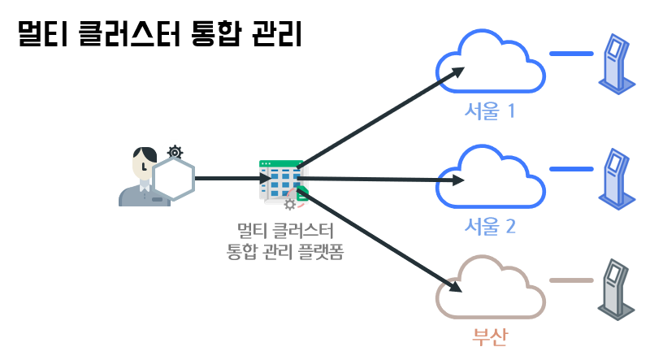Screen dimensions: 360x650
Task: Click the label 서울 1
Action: [490, 110]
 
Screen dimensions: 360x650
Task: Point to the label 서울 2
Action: [490, 225]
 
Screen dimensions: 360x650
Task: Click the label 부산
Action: [490, 336]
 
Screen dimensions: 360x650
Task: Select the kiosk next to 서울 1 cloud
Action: [617, 63]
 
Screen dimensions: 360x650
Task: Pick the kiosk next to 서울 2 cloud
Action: [617, 179]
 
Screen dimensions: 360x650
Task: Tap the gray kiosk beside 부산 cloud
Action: [617, 289]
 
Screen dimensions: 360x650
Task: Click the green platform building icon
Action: [281, 180]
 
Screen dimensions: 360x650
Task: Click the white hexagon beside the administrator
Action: [173, 179]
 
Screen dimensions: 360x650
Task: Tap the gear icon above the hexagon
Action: [175, 151]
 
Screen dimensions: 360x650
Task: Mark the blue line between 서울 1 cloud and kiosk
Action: [571, 54]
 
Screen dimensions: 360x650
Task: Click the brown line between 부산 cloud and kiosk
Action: [571, 280]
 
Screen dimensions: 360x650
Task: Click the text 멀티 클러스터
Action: [284, 231]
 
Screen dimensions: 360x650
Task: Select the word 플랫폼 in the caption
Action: [325, 252]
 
